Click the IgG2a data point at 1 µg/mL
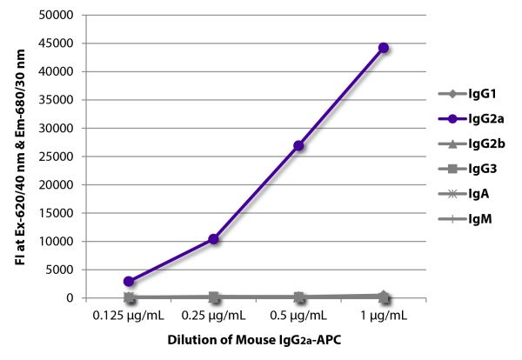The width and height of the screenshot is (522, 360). point(384,48)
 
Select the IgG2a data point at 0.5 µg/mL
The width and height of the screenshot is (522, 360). point(299,145)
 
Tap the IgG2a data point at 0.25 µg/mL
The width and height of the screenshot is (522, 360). point(214,238)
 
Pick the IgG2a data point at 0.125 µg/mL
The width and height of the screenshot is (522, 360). point(129,281)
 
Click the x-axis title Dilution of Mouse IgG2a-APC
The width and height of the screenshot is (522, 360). point(257,340)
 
